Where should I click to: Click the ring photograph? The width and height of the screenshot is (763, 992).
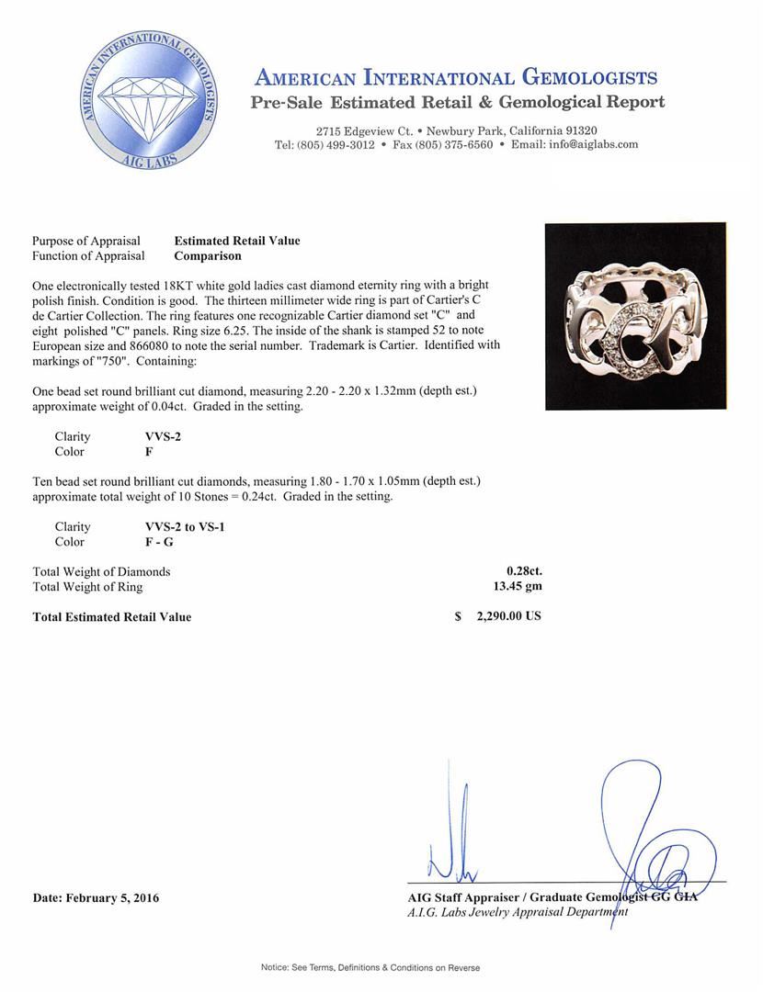pos(635,316)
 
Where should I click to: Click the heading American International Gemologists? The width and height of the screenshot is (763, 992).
pos(455,77)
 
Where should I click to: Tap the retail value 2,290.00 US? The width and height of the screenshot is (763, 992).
pos(508,616)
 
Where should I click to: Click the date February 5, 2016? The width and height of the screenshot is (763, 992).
pos(96,897)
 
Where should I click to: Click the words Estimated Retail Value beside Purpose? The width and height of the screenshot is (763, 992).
pos(237,241)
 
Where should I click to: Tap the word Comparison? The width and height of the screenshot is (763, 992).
pos(208,256)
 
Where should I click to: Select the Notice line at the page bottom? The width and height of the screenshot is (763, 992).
pos(370,967)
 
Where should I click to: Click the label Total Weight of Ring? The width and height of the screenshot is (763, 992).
pos(87,587)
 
